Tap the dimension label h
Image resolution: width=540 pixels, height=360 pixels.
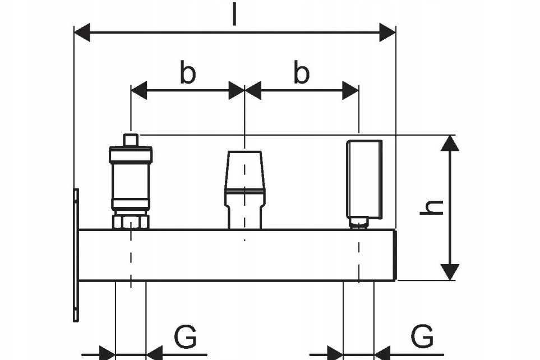click(x=432, y=207)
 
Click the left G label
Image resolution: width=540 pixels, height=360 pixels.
click(x=185, y=336)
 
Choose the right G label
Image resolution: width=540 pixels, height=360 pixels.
click(x=423, y=336)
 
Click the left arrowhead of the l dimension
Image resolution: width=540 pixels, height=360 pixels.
click(x=82, y=33)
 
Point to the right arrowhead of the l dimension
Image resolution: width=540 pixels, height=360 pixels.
click(x=387, y=33)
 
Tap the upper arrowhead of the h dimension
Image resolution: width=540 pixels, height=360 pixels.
click(x=450, y=143)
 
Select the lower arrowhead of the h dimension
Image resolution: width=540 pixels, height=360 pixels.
click(x=450, y=272)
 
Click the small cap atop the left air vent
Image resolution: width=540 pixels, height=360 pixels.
click(x=131, y=140)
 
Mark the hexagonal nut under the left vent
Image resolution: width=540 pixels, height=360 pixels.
click(x=131, y=221)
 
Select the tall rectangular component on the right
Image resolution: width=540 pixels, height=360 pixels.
click(x=364, y=179)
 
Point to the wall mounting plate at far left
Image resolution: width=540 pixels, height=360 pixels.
click(x=76, y=255)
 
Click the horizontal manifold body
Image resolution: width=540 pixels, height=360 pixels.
click(x=238, y=255)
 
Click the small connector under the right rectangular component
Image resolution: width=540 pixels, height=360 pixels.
click(x=359, y=223)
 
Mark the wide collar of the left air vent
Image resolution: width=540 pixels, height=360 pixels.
click(x=131, y=154)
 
